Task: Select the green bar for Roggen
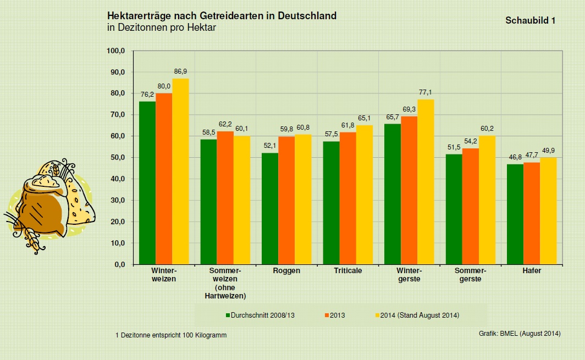(270, 208)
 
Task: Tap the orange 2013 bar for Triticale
(347, 198)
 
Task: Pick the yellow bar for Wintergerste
(426, 182)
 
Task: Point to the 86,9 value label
(180, 72)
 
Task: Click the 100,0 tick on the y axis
(116, 51)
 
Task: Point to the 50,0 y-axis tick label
(118, 158)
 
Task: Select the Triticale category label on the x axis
(347, 271)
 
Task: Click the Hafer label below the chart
(532, 271)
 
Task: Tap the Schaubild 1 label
(530, 20)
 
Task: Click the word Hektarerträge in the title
(140, 16)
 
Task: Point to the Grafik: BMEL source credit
(520, 334)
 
